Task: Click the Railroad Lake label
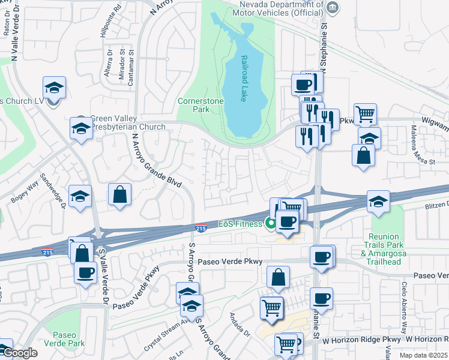244,79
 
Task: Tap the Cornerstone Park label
200,105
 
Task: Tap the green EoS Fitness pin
271,224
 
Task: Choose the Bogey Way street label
23,191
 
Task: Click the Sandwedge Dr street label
52,191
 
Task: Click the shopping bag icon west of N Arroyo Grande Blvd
120,194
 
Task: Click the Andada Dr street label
239,325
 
